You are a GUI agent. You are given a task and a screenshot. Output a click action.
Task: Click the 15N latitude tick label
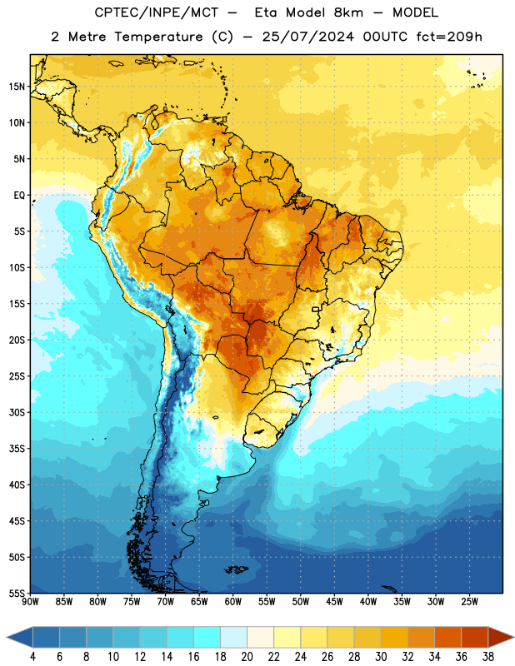point(17,87)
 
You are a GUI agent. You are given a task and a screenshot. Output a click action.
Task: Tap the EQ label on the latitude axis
point(19,196)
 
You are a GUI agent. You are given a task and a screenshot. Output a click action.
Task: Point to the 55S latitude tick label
point(17,593)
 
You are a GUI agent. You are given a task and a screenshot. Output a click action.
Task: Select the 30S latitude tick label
point(17,412)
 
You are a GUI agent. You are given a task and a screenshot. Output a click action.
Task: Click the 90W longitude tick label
point(30,602)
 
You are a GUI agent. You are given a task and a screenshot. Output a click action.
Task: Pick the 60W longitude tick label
point(233,602)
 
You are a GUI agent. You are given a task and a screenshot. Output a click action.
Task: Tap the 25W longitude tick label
point(469,602)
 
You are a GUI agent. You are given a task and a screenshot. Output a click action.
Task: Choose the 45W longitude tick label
point(334,602)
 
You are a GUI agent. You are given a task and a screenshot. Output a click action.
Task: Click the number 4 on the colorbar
point(32,657)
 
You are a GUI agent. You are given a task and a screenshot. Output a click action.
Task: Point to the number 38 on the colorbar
point(488,657)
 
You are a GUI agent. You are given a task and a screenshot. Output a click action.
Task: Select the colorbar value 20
point(247,657)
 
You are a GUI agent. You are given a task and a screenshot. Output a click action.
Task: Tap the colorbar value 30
point(381,657)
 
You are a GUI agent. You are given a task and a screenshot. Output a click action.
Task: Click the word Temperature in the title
point(158,37)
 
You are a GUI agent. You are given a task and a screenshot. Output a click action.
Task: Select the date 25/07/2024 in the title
point(307,37)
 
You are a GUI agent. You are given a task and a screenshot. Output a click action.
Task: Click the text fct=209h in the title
point(449,37)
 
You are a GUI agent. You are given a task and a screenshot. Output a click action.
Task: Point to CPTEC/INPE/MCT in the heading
point(156,12)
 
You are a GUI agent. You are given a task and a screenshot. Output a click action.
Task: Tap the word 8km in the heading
point(348,12)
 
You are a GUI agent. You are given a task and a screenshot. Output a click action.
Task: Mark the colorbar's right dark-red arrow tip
point(513,638)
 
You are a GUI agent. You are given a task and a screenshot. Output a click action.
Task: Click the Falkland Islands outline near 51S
point(237,569)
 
